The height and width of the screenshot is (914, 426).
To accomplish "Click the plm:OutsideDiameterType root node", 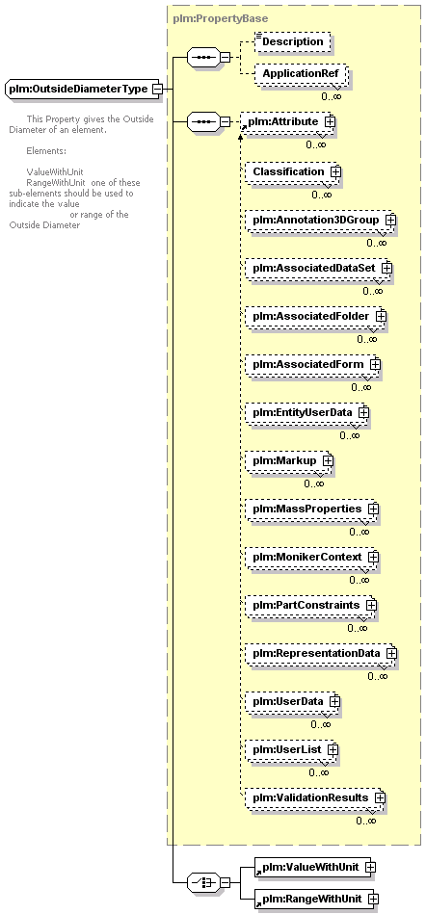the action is (82, 90).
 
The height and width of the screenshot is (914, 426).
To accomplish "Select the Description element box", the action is (292, 42).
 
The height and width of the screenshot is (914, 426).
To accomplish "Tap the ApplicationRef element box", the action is (300, 74).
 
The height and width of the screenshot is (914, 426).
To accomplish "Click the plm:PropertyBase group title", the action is (221, 18).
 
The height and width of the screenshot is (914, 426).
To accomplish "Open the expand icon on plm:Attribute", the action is (330, 121).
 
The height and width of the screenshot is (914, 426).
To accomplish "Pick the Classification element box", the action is (292, 172).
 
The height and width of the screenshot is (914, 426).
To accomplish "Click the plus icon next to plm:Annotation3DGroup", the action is (390, 221).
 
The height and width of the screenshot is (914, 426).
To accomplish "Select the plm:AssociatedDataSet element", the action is (318, 268).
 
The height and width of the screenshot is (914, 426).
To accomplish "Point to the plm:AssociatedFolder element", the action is (315, 316).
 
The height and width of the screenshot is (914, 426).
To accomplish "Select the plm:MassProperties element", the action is (311, 509).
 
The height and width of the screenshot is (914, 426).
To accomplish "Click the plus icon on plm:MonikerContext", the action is (373, 558).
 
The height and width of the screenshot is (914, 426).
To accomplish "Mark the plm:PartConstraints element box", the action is (310, 605).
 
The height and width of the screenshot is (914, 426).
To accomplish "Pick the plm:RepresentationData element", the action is (320, 653).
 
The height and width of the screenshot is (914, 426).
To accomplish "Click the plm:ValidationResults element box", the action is (314, 797).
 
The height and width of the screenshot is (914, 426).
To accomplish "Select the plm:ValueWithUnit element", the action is (314, 867).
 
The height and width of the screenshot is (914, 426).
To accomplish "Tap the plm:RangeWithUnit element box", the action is (316, 899).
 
